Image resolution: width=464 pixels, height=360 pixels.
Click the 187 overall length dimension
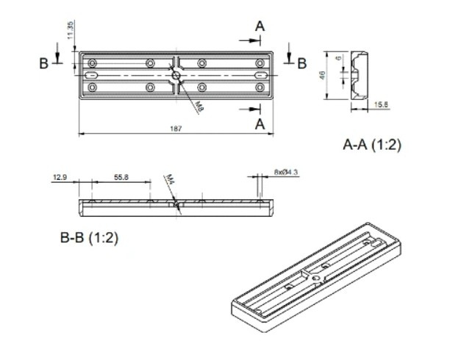point(176,129)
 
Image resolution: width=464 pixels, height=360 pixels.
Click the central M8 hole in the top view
point(176,75)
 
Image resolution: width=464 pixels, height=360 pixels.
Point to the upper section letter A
point(260,26)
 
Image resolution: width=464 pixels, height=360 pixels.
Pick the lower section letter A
point(260,124)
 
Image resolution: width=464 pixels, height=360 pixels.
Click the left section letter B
point(44,64)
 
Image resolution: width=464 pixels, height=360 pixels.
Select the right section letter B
point(301,64)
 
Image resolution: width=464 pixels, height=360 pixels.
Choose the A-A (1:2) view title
point(371,145)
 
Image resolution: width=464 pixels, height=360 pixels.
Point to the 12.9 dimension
point(60,177)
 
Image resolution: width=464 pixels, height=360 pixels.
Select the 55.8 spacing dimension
point(121,177)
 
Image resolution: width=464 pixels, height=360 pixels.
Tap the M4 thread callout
point(168,179)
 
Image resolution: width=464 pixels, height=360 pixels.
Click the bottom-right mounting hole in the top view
point(259,87)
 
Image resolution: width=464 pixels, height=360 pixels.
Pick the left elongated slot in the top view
point(93,75)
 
